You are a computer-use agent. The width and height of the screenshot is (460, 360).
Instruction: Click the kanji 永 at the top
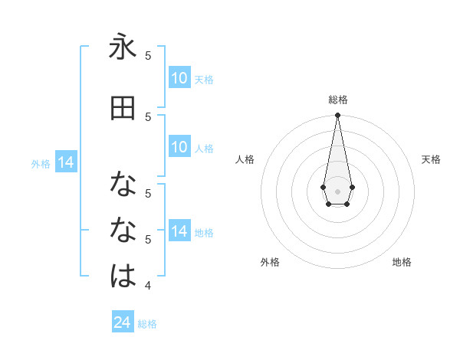[123, 47]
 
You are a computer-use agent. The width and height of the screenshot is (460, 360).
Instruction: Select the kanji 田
[123, 109]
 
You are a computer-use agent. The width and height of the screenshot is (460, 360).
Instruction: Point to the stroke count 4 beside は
[149, 286]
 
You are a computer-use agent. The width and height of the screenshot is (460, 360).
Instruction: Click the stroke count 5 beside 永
[148, 56]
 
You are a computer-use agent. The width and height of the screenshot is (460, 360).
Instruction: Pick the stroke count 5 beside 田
[148, 116]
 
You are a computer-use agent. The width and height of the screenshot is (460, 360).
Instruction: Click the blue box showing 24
[123, 322]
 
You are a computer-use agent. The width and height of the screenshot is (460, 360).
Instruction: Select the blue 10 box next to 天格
[179, 78]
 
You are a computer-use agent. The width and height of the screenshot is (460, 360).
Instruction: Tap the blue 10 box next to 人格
[179, 147]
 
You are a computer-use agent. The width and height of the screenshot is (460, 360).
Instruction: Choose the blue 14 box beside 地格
[179, 231]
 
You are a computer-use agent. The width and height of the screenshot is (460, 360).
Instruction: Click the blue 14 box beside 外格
[66, 162]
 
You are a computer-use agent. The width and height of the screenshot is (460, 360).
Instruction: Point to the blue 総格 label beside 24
[147, 324]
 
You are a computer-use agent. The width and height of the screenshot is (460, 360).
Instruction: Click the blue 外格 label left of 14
[41, 163]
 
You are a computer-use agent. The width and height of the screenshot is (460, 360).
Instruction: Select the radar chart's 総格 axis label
[337, 100]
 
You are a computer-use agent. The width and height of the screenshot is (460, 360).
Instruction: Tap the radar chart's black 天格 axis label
[431, 159]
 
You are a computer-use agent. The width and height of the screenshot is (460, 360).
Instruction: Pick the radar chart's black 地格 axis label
[402, 262]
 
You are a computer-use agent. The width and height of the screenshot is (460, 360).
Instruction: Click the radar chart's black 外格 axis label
[270, 262]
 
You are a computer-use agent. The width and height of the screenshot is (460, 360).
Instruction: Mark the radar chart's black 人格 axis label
[245, 159]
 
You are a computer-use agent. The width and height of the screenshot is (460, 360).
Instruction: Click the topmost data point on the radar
[337, 116]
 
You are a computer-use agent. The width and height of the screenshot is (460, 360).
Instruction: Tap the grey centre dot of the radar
[337, 191]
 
